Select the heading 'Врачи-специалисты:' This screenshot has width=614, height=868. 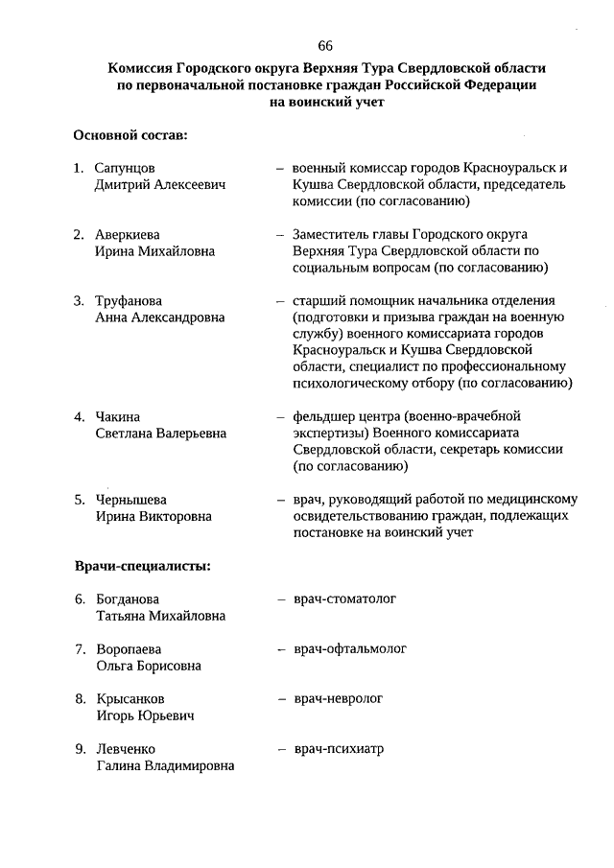(142, 566)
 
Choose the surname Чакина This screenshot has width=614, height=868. (117, 417)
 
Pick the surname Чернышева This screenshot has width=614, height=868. (131, 500)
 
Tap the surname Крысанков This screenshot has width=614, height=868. (130, 699)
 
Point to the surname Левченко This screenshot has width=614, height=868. (126, 749)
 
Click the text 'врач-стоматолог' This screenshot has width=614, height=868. (344, 599)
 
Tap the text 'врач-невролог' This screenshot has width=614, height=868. (338, 699)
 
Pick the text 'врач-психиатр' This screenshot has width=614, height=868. (338, 749)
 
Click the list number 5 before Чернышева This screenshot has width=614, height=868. (80, 500)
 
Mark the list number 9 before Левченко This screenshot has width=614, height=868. (80, 749)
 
